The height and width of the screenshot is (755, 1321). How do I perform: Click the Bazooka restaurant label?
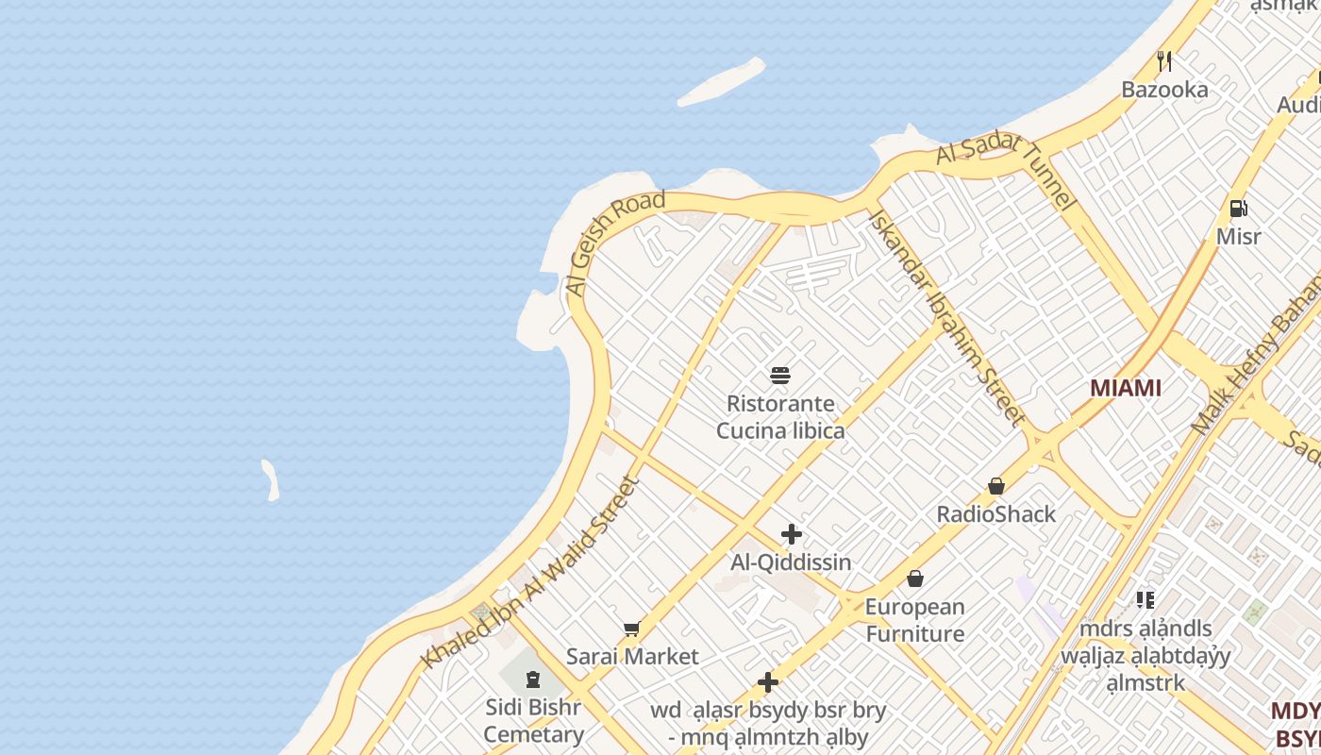1164,90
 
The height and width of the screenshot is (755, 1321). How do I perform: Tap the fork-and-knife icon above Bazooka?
1164,61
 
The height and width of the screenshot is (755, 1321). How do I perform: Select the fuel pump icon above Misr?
1238,209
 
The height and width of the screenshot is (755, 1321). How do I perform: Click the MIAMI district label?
1125,388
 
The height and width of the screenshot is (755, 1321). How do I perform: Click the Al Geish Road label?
615,243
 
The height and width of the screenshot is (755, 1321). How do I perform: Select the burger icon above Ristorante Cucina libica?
780,376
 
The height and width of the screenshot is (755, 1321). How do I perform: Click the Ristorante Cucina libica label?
780,417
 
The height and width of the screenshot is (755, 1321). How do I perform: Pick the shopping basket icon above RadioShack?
996,487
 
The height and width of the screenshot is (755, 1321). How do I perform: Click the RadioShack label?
996,514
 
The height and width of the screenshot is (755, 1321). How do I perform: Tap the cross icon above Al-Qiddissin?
792,535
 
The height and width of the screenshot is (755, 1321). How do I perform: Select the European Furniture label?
915,620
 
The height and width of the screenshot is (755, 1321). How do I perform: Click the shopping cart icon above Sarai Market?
632,629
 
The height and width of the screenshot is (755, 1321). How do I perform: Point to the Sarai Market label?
632,657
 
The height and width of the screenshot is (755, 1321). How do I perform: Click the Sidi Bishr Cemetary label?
534,721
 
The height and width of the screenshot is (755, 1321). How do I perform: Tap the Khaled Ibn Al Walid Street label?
531,573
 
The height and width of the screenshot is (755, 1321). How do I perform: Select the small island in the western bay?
271,480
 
